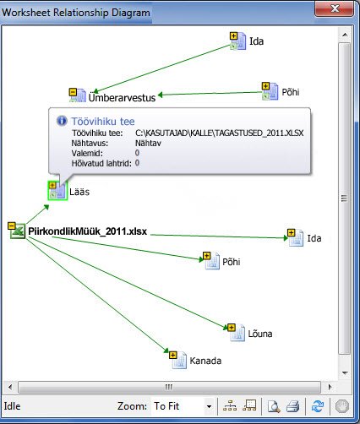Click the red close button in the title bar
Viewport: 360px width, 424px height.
tap(334, 8)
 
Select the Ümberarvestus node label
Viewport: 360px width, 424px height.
tap(122, 97)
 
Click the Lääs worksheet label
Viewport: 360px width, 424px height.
tap(79, 192)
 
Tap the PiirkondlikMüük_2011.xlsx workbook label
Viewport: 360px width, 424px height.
tap(88, 231)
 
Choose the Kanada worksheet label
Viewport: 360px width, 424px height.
tap(205, 361)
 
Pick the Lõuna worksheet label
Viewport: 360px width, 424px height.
tap(260, 334)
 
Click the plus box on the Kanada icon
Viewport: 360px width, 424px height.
tap(173, 355)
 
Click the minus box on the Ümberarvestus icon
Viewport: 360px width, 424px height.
tap(73, 92)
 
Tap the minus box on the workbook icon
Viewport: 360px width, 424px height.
tap(12, 226)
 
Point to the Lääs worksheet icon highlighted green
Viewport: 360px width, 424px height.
tap(57, 191)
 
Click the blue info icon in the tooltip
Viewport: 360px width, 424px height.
tap(62, 121)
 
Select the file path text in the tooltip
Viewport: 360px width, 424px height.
tap(219, 133)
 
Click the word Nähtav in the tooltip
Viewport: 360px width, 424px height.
tap(148, 143)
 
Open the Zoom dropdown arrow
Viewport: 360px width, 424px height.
tap(209, 406)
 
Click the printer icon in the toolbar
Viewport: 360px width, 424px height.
tap(292, 406)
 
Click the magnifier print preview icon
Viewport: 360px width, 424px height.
tap(273, 406)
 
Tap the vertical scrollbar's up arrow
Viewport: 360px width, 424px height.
tap(345, 35)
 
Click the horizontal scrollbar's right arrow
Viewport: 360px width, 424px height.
tap(330, 387)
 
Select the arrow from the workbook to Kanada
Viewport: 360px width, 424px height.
tap(98, 295)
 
